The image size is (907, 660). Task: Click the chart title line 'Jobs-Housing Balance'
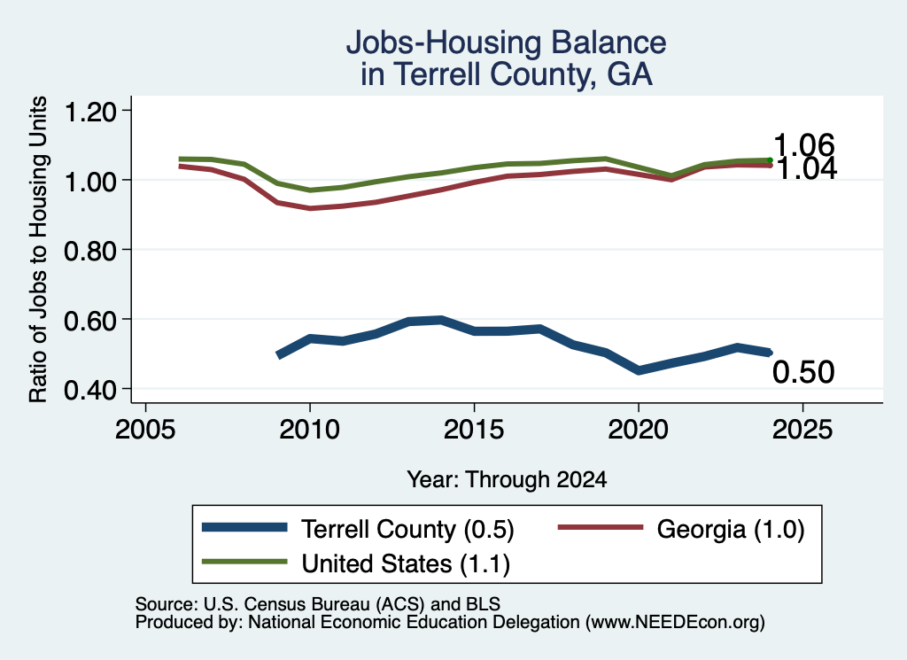coord(506,43)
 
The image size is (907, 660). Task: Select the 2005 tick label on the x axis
coord(145,430)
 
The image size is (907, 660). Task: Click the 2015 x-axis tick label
coord(474,430)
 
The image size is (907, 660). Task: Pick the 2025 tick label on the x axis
coord(802,430)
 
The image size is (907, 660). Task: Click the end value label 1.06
coord(803,144)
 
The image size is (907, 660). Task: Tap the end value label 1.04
coord(806,168)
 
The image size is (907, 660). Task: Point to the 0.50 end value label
coord(803,372)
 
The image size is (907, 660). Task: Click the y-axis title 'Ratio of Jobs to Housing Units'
coord(38,249)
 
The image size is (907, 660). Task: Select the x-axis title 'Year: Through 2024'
coord(507,479)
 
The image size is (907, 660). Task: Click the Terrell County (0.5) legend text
coord(407,529)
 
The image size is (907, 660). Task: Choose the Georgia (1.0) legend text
coord(731,529)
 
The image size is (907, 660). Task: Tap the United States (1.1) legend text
coord(406,564)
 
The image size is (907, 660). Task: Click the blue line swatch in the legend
coord(244,527)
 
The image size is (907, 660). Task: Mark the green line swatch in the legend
coord(244,562)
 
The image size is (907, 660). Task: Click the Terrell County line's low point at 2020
coord(639,370)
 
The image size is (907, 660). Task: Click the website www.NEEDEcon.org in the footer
coord(674,623)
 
